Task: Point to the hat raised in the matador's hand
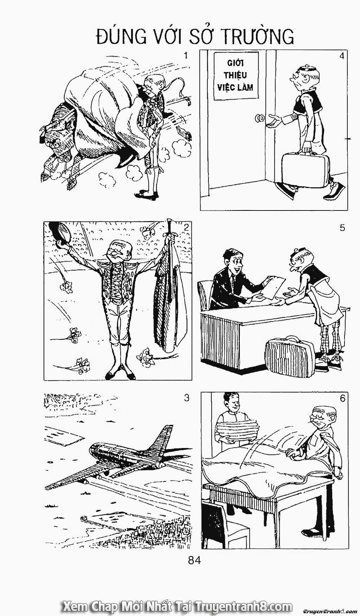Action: click(x=59, y=233)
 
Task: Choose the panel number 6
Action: click(x=342, y=398)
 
